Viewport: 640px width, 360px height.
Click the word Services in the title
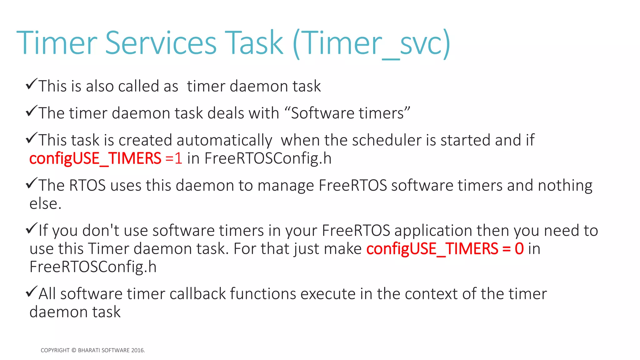tap(161, 43)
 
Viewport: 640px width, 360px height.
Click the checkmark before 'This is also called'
tap(32, 84)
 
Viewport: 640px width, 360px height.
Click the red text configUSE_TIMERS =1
tap(106, 158)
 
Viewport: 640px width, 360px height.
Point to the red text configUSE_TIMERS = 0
tap(445, 249)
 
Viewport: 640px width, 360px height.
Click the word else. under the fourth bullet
tap(45, 204)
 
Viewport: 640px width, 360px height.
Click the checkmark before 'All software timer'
tap(32, 292)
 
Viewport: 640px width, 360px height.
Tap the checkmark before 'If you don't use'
tap(32, 228)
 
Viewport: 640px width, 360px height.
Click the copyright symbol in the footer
tap(74, 350)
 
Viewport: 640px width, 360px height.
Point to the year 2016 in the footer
tap(137, 350)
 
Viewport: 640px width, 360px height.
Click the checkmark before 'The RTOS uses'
tap(32, 183)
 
